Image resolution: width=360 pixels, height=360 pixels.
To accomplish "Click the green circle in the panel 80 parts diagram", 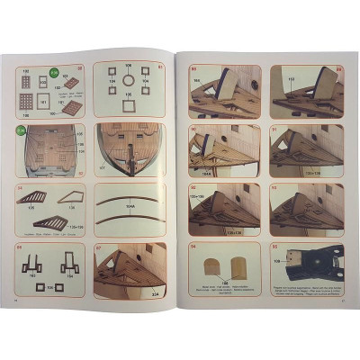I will (x=52, y=74).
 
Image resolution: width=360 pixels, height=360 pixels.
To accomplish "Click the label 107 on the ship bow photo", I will (x=102, y=166).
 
